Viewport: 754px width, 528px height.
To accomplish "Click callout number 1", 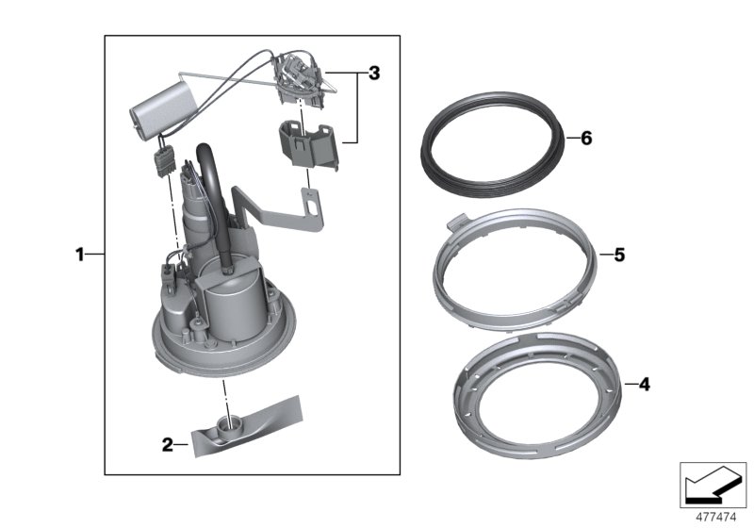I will click(x=81, y=255).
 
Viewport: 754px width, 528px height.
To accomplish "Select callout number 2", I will click(x=167, y=444).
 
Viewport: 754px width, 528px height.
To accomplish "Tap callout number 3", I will click(x=374, y=74).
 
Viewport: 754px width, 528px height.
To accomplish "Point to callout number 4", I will click(x=643, y=385).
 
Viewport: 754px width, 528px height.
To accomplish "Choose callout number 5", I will click(x=619, y=255).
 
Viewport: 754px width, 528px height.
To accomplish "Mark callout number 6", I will click(x=585, y=139).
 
